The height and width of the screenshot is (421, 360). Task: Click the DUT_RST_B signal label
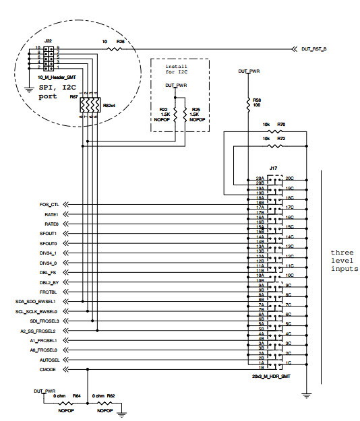(314, 49)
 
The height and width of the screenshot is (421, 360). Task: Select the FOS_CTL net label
(49, 204)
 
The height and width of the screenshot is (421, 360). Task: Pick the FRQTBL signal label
(50, 292)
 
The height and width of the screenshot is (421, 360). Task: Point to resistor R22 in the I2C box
(175, 112)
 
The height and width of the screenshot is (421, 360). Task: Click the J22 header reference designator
(48, 41)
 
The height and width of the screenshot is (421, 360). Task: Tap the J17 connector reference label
(274, 169)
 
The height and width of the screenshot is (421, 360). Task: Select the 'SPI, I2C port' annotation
(47, 93)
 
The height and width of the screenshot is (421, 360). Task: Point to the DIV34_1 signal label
(49, 253)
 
